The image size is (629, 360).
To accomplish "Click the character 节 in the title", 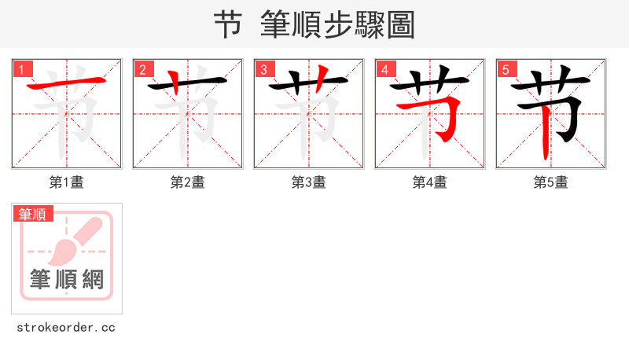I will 228,25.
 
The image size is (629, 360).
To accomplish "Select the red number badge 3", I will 265,70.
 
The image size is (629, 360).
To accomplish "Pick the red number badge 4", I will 386,70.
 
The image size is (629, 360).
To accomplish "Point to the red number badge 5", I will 507,70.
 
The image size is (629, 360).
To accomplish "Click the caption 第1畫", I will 67,182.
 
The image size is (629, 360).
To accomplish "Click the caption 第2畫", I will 188,182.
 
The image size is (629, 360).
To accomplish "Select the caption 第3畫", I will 309,182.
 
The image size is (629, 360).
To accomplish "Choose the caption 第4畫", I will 430,182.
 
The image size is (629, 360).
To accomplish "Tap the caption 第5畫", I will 551,182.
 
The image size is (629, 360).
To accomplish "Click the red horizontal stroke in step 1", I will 67,84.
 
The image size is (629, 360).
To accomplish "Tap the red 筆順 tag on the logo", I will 33,214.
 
